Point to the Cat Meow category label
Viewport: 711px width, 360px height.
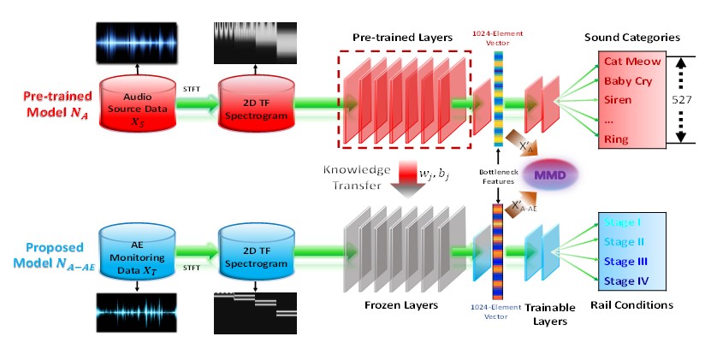(x=628, y=62)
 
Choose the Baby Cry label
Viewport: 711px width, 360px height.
(x=629, y=81)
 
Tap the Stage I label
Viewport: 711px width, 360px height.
(x=622, y=222)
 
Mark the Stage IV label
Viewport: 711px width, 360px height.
(x=625, y=280)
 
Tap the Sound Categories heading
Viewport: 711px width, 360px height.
(x=631, y=38)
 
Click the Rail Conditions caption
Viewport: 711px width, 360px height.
(x=633, y=305)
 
